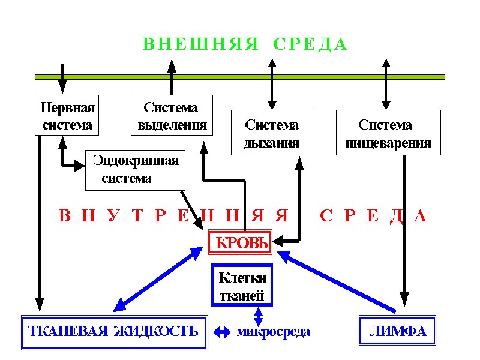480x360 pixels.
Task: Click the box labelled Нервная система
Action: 67,116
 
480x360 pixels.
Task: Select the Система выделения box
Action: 172,116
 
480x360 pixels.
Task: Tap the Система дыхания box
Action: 272,133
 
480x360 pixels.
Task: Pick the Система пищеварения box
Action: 388,133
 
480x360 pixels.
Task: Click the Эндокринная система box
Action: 135,170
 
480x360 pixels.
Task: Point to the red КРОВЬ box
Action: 240,244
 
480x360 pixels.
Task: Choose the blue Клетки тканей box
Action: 242,286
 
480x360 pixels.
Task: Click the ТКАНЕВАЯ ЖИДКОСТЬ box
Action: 114,331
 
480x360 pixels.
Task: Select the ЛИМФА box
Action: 397,331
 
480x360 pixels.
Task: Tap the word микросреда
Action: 273,331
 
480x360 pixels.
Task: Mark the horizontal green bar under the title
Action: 240,77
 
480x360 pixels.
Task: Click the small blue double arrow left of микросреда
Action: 222,331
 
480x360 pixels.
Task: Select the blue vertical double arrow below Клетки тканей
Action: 258,316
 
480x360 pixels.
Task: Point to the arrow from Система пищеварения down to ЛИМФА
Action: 405,228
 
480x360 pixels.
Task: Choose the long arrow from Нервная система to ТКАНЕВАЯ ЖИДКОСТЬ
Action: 40,222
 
